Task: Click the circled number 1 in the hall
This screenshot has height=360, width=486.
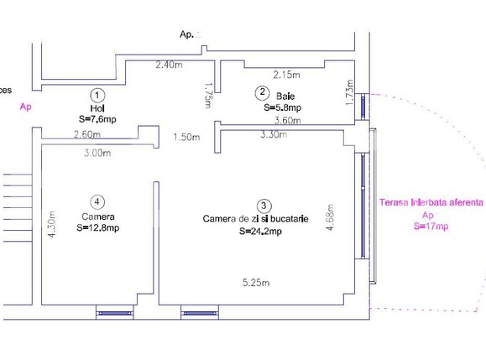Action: (x=98, y=95)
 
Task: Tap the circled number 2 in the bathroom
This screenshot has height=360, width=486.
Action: (x=263, y=92)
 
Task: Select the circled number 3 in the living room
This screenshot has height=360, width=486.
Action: (x=264, y=205)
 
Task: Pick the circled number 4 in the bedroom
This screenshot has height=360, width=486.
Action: (x=98, y=201)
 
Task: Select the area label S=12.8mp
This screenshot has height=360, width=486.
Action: (x=97, y=227)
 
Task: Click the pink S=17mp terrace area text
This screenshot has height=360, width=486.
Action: (x=431, y=227)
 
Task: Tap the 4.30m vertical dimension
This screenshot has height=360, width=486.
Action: (x=52, y=224)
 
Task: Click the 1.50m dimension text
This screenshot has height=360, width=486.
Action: (x=187, y=138)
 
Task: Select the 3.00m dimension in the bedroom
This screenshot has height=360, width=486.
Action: (x=97, y=153)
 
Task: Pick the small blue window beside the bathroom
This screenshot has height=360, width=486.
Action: (x=363, y=106)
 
